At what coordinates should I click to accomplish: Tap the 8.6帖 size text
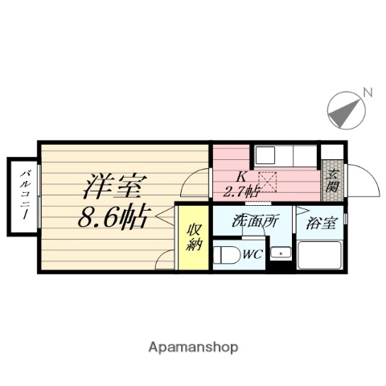click(x=113, y=218)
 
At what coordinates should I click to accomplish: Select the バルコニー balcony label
click(x=25, y=195)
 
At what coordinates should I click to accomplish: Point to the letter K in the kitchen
click(x=240, y=177)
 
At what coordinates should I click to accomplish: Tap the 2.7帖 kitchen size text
click(x=240, y=191)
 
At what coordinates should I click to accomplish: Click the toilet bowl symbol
click(x=226, y=257)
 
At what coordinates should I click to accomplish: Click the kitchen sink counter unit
click(x=285, y=155)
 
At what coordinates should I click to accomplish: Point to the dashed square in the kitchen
click(x=267, y=182)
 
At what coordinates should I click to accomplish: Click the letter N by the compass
click(x=367, y=92)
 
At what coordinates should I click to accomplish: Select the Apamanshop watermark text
click(x=193, y=347)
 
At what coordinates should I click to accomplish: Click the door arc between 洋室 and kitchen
click(x=195, y=184)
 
